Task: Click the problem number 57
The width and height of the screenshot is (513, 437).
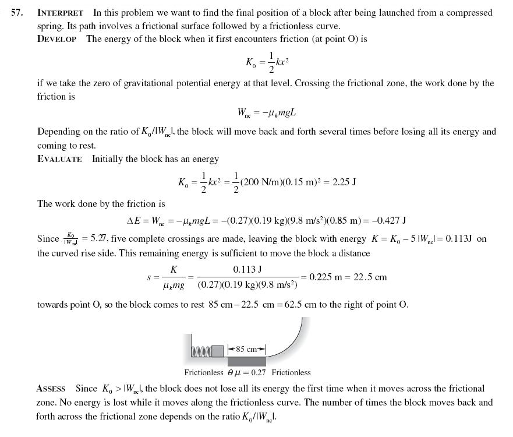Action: (17, 12)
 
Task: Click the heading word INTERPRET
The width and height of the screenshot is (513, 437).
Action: (60, 12)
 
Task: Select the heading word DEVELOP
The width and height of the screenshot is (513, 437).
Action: (56, 39)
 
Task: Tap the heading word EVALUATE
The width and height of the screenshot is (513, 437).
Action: (59, 159)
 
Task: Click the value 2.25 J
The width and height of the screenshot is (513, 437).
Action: (344, 182)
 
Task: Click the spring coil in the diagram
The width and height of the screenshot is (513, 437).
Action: (200, 350)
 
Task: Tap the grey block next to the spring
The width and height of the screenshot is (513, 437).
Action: (217, 350)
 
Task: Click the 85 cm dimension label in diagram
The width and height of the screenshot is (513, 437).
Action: (247, 350)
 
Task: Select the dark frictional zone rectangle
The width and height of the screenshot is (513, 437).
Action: (246, 361)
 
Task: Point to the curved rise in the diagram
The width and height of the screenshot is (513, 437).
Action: (291, 343)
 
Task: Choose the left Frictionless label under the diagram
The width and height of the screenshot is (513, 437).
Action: (204, 373)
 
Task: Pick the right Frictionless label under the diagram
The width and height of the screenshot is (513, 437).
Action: (291, 373)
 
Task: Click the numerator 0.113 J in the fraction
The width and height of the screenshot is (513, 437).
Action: (247, 269)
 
